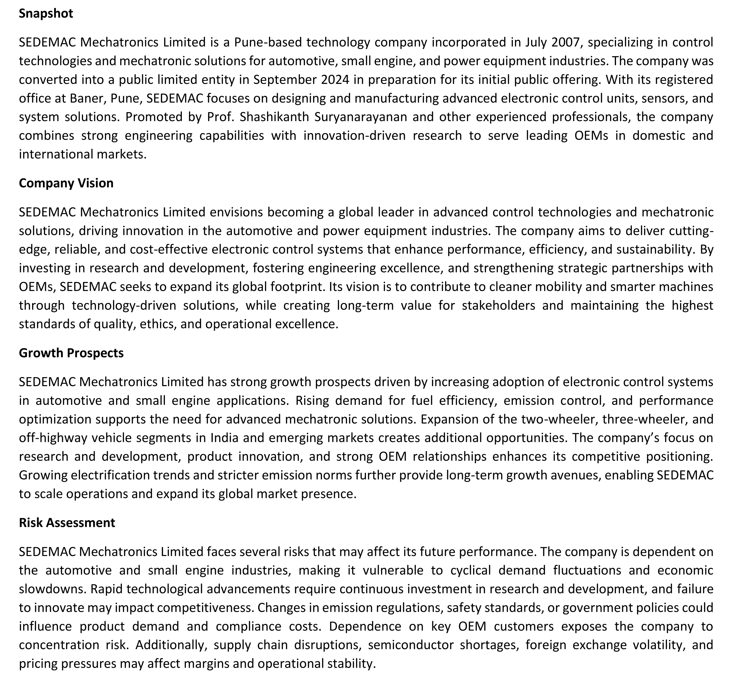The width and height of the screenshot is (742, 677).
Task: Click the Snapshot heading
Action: tap(46, 14)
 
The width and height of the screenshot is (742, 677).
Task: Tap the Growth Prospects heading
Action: tap(71, 353)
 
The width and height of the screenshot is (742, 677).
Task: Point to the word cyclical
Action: tap(471, 570)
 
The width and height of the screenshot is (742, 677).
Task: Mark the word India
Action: tap(224, 438)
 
